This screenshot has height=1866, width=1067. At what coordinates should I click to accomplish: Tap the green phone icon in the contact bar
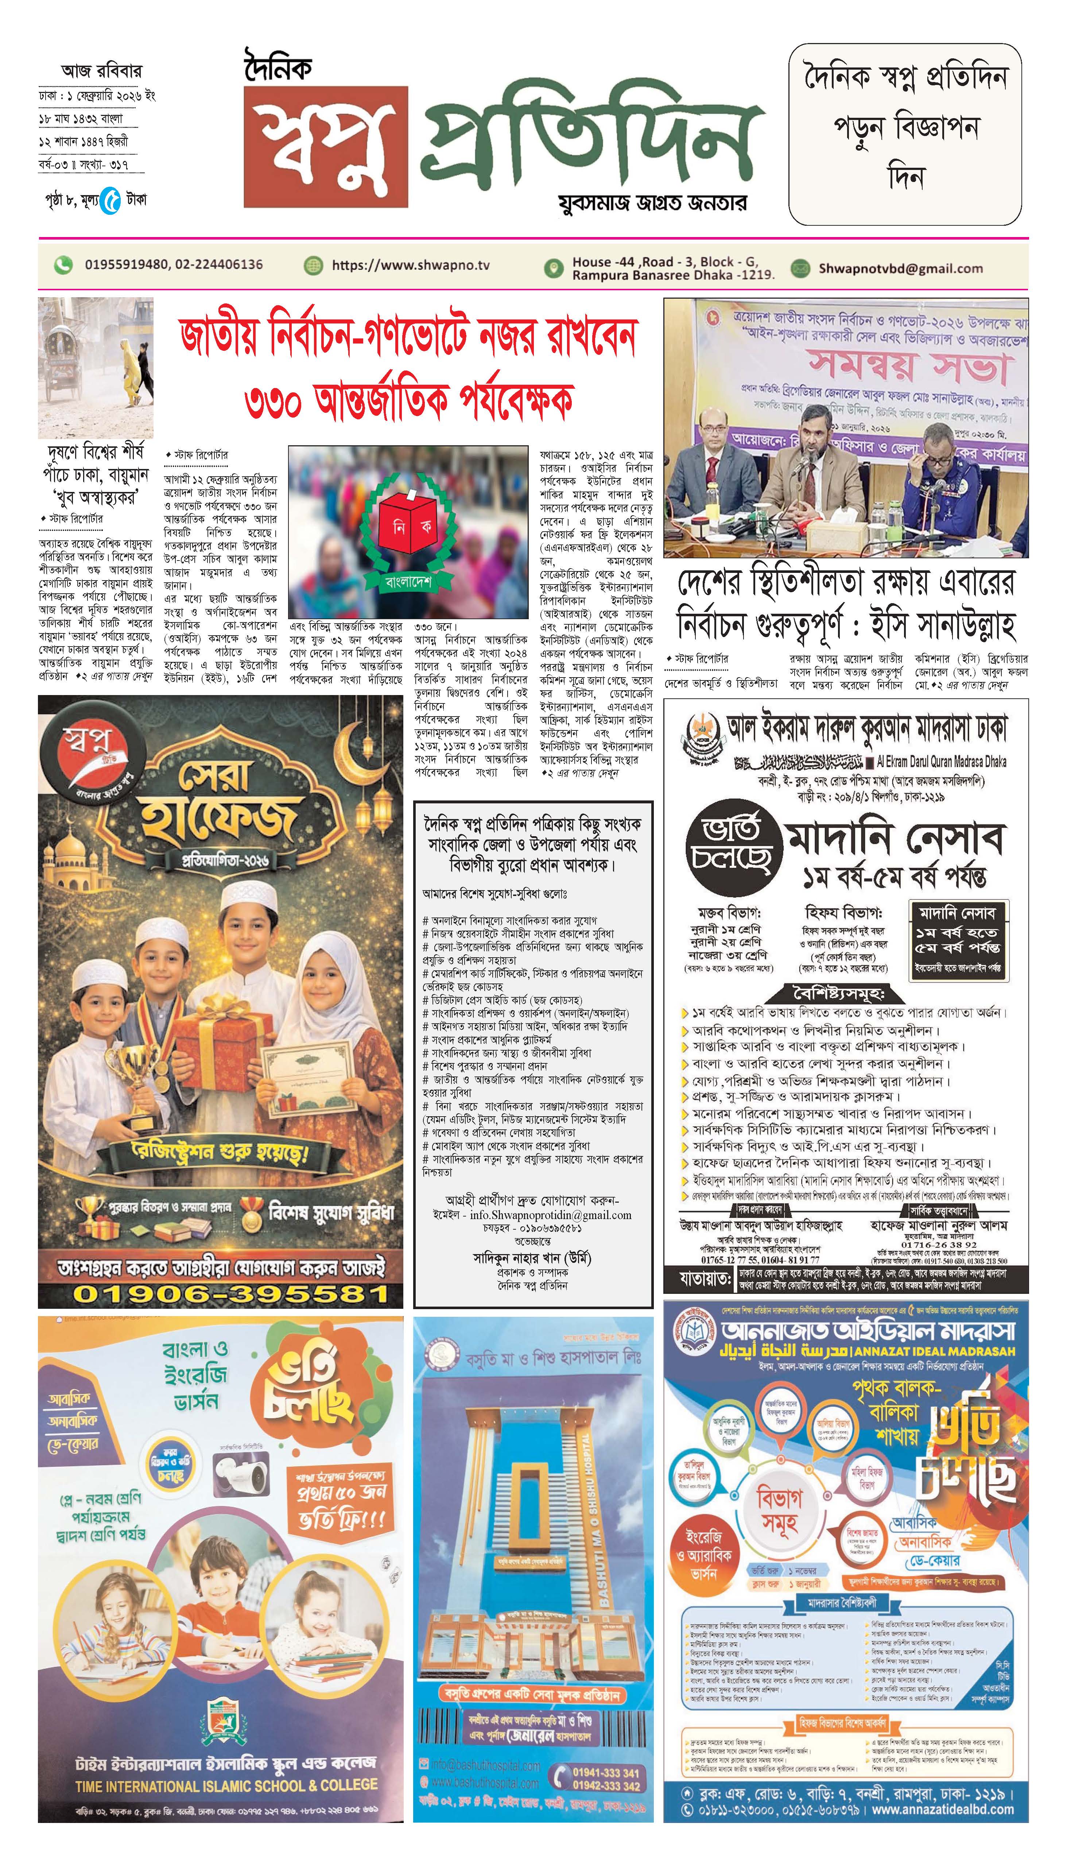64,264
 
